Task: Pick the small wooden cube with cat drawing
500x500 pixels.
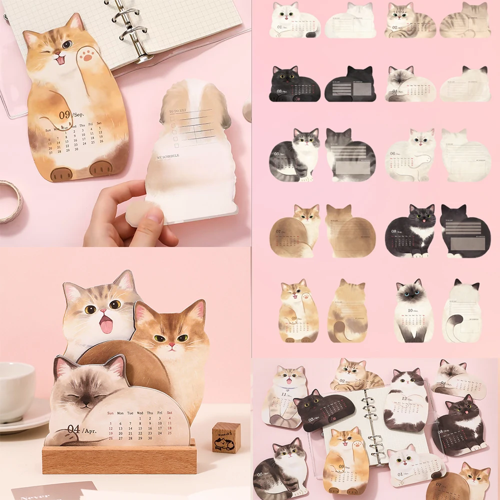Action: [226, 437]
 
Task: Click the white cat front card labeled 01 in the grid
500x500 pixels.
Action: [295, 21]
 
